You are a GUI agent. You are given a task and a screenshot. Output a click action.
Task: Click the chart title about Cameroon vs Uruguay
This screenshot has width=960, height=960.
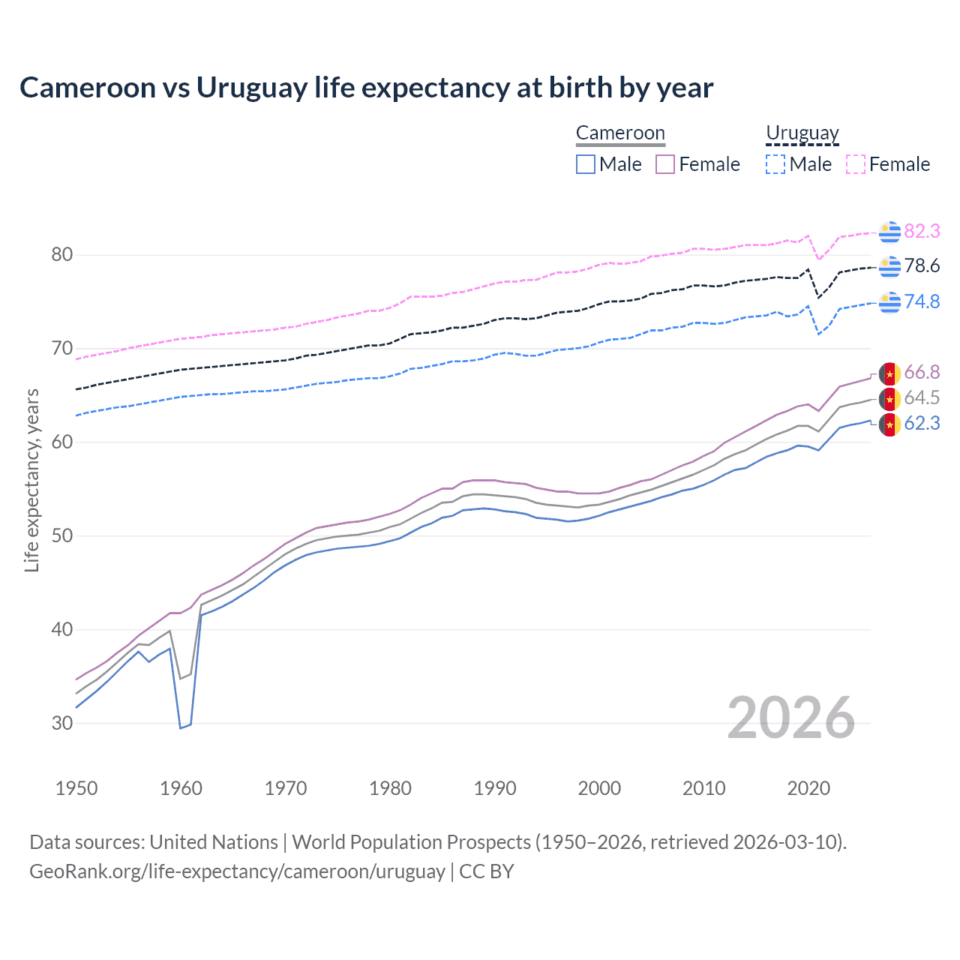[366, 88]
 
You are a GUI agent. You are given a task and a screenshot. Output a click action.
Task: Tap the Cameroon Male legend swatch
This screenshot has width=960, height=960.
[586, 164]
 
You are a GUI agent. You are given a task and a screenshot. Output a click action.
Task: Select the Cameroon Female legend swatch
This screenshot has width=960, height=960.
[665, 164]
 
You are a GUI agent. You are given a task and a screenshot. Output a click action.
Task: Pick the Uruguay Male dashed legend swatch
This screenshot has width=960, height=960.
[775, 164]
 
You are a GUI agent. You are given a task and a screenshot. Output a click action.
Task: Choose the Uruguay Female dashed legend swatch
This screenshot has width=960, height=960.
[856, 164]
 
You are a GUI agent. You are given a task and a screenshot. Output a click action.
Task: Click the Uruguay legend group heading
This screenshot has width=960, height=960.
[802, 133]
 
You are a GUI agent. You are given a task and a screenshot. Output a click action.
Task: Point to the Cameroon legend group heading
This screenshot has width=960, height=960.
[620, 133]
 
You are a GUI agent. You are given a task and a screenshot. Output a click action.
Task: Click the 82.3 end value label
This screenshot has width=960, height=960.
[922, 232]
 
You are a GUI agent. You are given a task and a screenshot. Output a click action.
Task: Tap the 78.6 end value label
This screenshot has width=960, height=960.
[922, 266]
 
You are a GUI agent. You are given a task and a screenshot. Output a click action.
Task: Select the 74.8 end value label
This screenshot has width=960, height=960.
[922, 301]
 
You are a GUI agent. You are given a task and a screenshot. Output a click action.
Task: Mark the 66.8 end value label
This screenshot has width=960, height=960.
[922, 373]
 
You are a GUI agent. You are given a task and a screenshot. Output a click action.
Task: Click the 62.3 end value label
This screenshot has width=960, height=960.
[922, 424]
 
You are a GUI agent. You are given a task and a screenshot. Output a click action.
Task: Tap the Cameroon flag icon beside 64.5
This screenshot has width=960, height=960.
[889, 398]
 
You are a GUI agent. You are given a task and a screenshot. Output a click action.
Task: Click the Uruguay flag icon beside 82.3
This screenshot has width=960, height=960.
[889, 232]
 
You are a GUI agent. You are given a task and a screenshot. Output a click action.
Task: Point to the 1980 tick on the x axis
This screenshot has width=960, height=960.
[390, 788]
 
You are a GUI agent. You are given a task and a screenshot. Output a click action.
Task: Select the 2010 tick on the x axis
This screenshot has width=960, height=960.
[703, 788]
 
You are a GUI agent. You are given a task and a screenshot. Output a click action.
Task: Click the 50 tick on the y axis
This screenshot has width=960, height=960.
[62, 535]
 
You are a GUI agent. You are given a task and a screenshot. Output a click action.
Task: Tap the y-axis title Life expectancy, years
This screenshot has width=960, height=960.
[32, 480]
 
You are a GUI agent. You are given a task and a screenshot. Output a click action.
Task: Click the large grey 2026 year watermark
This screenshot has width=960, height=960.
[790, 718]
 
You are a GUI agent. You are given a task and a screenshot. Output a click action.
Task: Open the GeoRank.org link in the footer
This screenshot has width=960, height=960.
[237, 871]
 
